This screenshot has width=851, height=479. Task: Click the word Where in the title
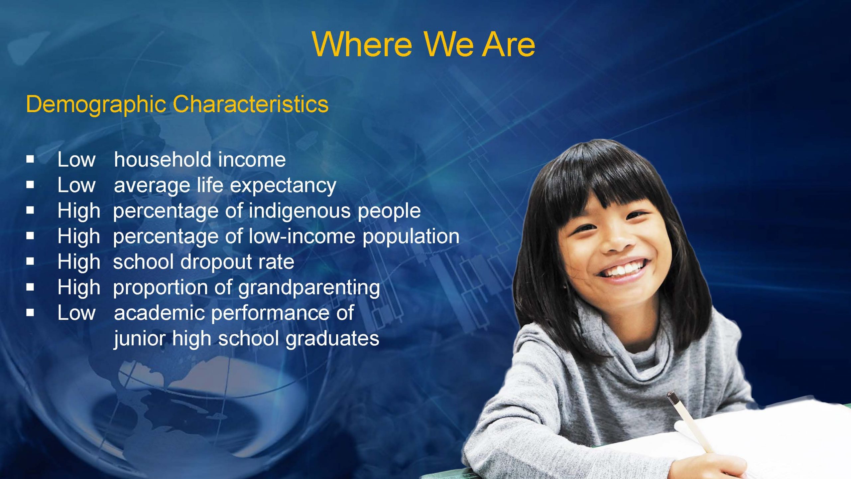tap(362, 44)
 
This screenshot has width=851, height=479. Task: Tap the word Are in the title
tap(509, 44)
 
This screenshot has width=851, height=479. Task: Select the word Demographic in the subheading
tap(96, 104)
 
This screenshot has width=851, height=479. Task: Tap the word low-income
tap(302, 236)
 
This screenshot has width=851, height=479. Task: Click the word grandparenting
tap(309, 288)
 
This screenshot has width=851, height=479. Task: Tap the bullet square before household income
tap(30, 159)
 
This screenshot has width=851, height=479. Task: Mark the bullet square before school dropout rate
tap(30, 262)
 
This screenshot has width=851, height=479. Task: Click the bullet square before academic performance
tap(30, 313)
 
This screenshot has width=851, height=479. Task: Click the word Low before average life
tap(76, 185)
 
